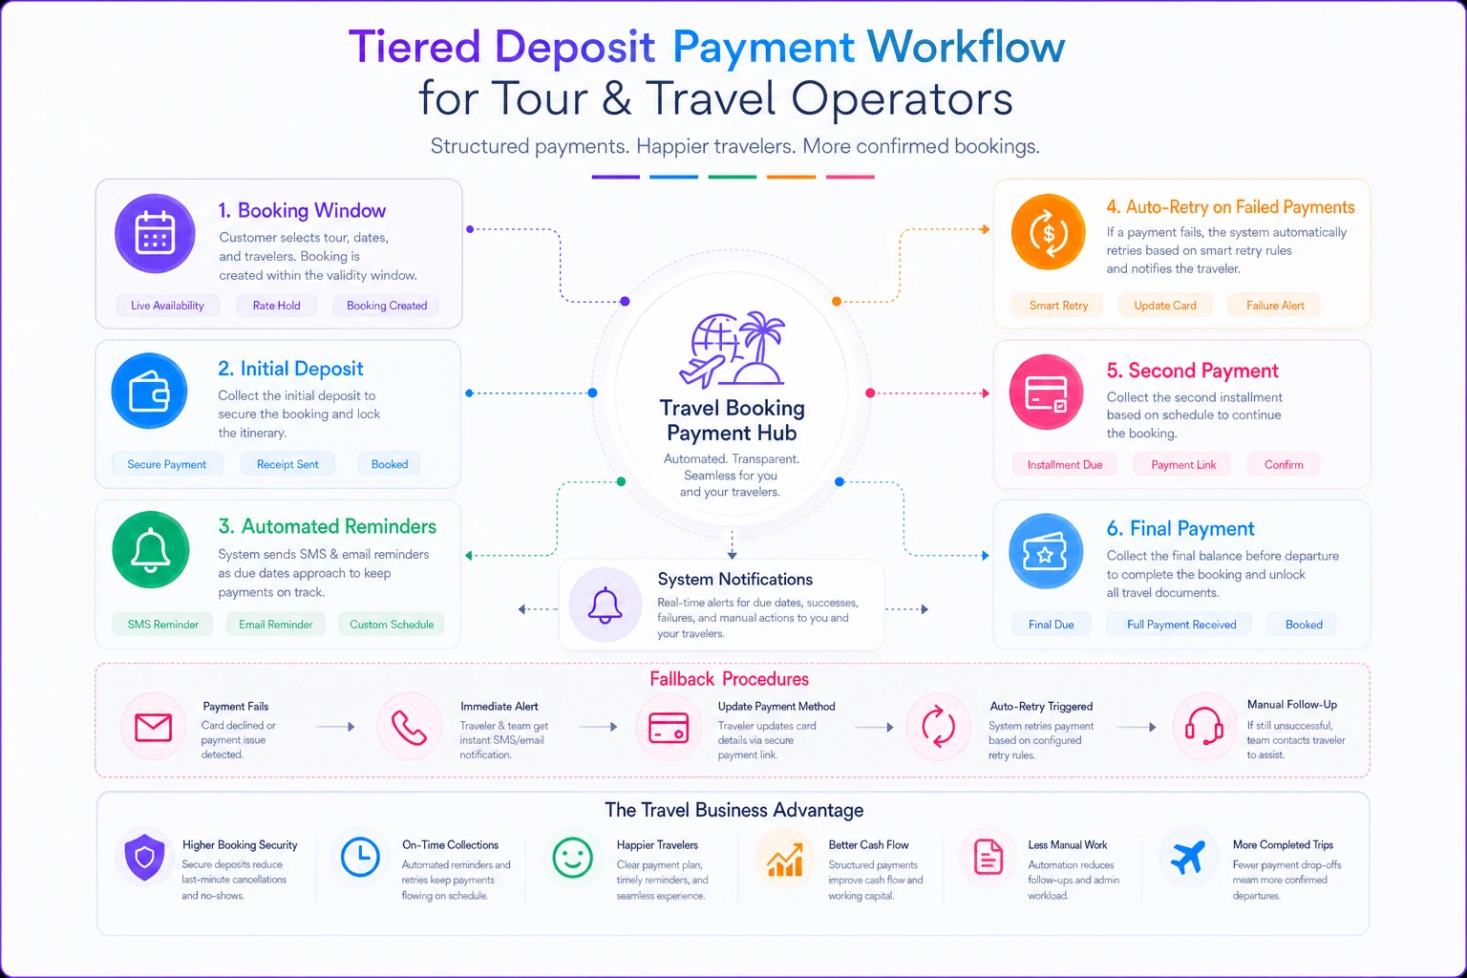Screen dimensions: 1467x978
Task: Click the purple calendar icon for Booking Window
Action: click(x=155, y=233)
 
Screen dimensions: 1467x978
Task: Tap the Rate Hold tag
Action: click(x=276, y=306)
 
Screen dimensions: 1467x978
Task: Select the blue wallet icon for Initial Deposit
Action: click(x=149, y=392)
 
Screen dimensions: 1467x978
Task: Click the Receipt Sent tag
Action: click(x=287, y=464)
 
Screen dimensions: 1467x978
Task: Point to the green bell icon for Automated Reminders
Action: click(x=151, y=549)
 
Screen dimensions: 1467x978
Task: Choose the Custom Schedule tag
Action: click(x=392, y=625)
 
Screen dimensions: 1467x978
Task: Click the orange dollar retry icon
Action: click(x=1048, y=232)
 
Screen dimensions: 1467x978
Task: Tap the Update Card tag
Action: click(x=1165, y=306)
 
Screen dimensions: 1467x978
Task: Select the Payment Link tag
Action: click(x=1183, y=464)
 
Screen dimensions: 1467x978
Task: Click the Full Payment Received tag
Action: click(x=1181, y=625)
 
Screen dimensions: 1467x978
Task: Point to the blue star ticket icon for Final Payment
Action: click(x=1046, y=552)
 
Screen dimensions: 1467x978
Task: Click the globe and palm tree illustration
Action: click(x=733, y=349)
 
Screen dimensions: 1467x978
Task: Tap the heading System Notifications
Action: click(x=734, y=579)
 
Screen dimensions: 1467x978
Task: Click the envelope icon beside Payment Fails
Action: click(x=153, y=727)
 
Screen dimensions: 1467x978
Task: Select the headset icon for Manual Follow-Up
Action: click(x=1203, y=726)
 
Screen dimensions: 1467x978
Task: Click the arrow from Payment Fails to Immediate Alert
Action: click(x=335, y=727)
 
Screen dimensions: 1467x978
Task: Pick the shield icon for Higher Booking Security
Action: click(x=145, y=857)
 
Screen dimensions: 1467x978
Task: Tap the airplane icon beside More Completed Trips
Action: click(x=1187, y=857)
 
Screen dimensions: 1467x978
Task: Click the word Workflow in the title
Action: click(x=966, y=47)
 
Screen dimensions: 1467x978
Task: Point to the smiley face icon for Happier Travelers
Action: click(x=572, y=858)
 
